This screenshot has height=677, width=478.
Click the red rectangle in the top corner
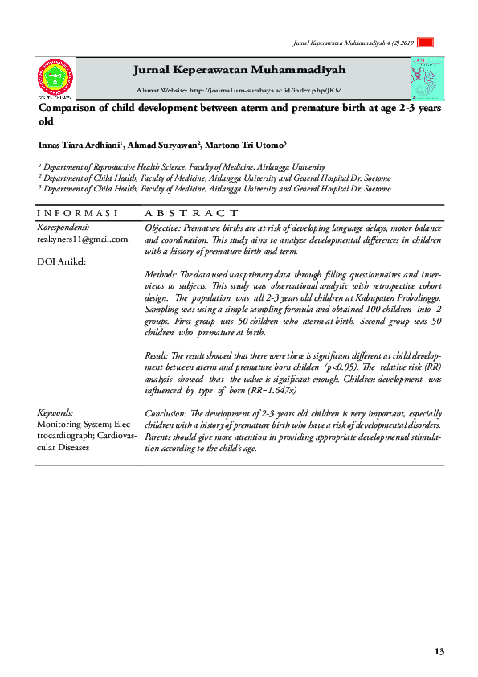[x=426, y=43]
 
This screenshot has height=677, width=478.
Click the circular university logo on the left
[x=55, y=78]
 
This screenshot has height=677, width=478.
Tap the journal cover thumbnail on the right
[x=427, y=78]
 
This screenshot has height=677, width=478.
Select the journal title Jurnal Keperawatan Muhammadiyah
[x=239, y=70]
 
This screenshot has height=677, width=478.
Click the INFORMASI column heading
[x=78, y=214]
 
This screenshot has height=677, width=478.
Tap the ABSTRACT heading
[x=186, y=214]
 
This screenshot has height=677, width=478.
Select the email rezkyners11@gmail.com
[x=83, y=239]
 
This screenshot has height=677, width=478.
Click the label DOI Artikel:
[x=61, y=261]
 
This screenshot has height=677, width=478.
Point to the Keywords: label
[x=55, y=412]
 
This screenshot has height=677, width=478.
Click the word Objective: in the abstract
[x=163, y=228]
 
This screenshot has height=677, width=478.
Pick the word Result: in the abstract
[x=157, y=353]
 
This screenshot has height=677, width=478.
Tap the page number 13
[x=439, y=651]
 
